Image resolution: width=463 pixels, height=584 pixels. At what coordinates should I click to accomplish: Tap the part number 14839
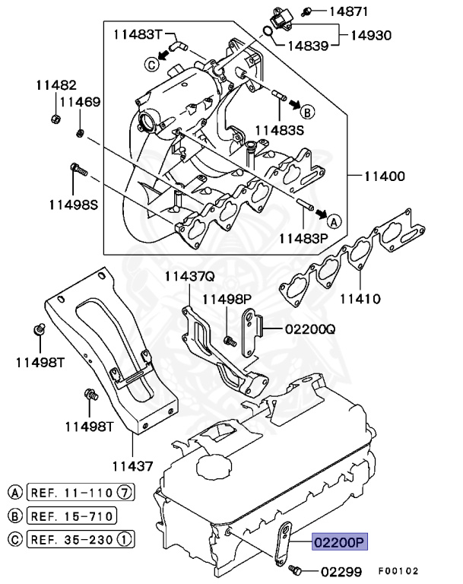[x=307, y=46]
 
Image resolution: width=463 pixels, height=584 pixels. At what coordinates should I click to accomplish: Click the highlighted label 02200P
[x=339, y=542]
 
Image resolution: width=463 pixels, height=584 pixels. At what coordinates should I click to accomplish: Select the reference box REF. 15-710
[x=72, y=517]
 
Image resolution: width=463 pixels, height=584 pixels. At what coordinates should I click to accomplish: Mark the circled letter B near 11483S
[x=307, y=113]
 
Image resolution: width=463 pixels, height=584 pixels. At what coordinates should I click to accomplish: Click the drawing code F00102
[x=400, y=571]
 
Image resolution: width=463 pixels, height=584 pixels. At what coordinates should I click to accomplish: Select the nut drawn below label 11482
[x=55, y=119]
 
